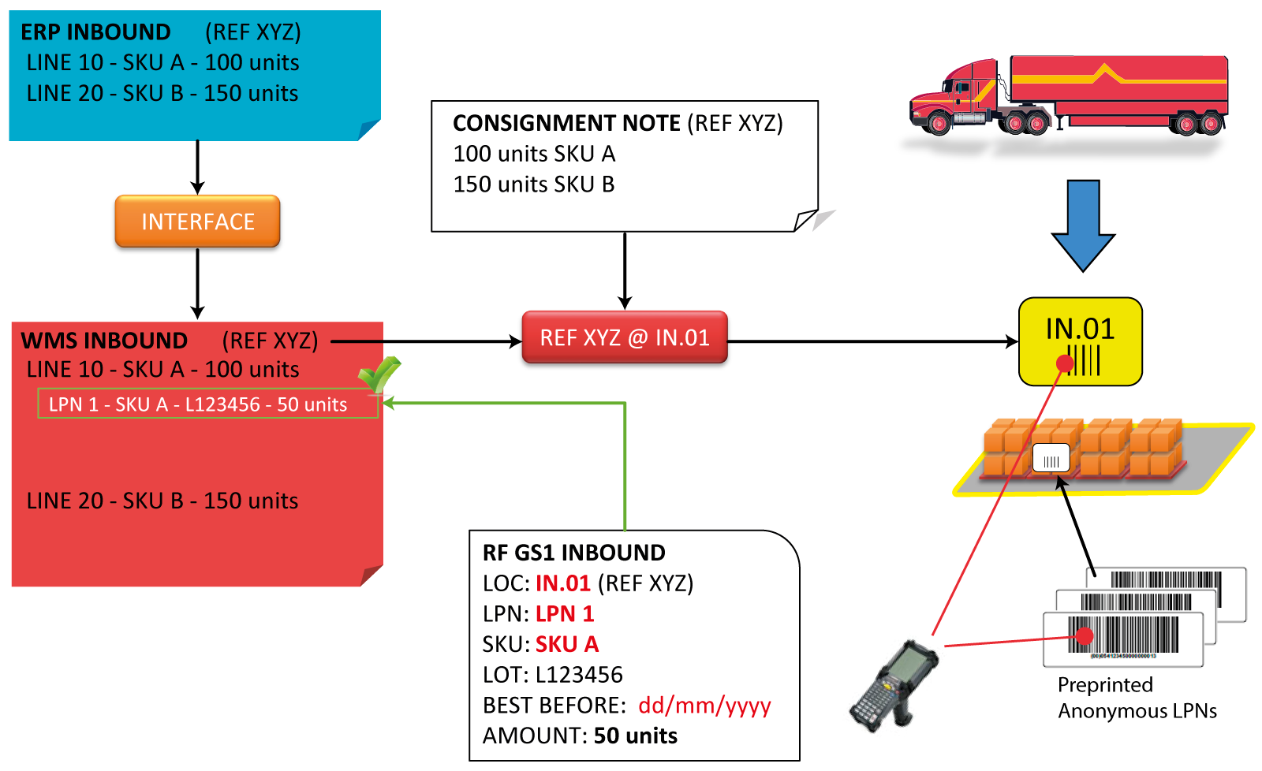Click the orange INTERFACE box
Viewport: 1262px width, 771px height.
(x=197, y=222)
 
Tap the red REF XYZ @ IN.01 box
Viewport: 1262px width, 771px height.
(x=624, y=337)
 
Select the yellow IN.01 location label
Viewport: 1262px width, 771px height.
(x=1080, y=341)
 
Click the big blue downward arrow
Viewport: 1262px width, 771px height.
(x=1083, y=225)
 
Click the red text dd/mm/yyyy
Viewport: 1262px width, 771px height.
(x=704, y=705)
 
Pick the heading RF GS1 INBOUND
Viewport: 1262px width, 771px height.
(x=573, y=553)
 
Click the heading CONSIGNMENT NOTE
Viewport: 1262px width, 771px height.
(x=566, y=123)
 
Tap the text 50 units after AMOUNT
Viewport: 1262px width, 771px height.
(x=635, y=736)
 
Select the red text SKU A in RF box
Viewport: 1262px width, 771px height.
(x=567, y=644)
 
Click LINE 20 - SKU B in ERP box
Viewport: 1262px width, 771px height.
(x=162, y=93)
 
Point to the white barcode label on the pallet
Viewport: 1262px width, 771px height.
(x=1051, y=457)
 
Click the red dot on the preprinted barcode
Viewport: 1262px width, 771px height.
(x=1085, y=635)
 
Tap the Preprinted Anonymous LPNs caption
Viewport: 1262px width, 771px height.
(x=1137, y=698)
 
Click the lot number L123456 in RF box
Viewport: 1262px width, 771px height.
(x=579, y=675)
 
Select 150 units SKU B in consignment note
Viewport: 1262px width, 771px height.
(x=534, y=184)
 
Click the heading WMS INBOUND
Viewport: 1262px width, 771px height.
(x=104, y=341)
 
